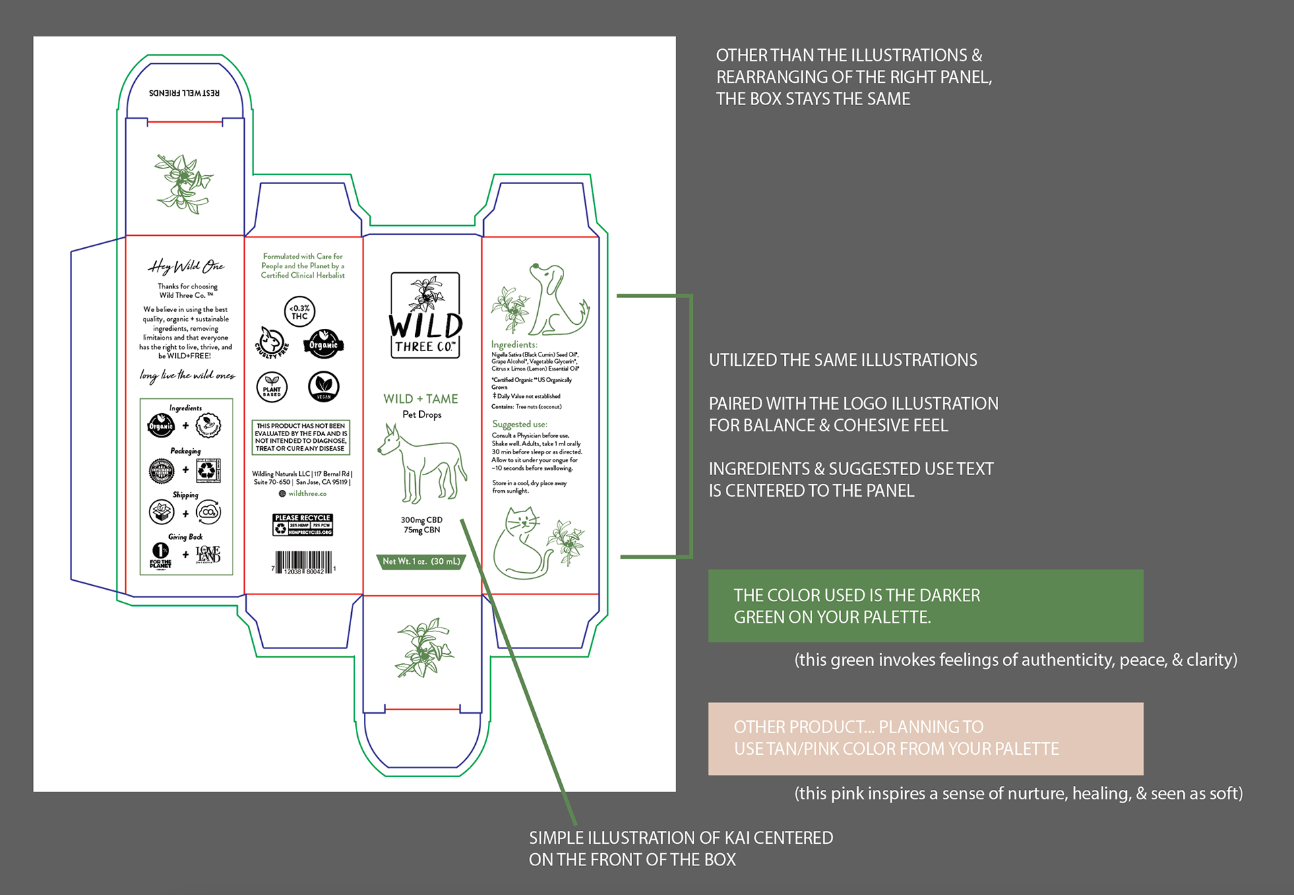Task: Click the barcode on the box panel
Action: click(x=303, y=562)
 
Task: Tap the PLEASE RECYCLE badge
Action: click(x=303, y=525)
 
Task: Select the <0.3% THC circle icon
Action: click(x=299, y=312)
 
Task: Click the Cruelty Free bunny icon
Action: click(x=272, y=342)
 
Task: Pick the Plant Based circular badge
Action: click(x=272, y=387)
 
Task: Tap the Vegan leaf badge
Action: click(x=323, y=386)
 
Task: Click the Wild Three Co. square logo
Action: click(x=425, y=315)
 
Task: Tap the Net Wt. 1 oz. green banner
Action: click(x=421, y=561)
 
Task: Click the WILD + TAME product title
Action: click(x=421, y=399)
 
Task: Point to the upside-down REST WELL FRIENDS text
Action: click(x=184, y=93)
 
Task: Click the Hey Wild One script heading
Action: click(x=186, y=267)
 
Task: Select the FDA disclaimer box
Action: click(x=301, y=437)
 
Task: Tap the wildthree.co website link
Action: click(x=307, y=494)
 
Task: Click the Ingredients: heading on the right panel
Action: click(x=514, y=344)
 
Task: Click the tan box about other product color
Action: click(x=925, y=739)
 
